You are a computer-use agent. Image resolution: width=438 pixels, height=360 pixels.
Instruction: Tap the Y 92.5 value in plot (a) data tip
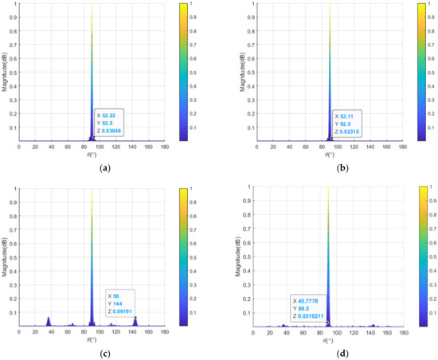(109, 123)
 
